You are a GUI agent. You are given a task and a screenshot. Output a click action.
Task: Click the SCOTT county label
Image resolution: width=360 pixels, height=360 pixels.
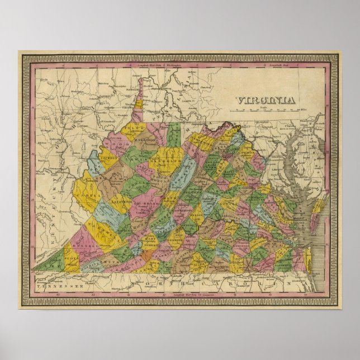[x=70, y=259]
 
